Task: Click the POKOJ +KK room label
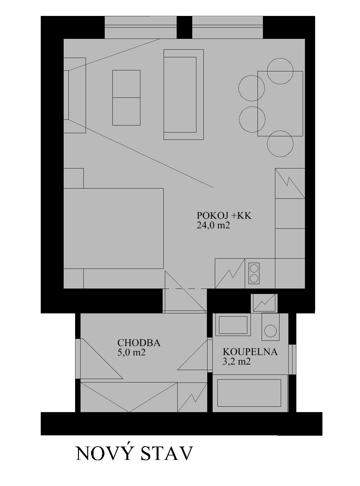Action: tap(224, 216)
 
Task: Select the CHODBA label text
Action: tap(139, 343)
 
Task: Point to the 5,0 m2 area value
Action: tap(131, 353)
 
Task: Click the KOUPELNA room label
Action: tap(250, 352)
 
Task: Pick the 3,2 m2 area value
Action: tap(236, 361)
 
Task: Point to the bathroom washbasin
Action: tap(233, 325)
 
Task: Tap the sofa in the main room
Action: tap(184, 95)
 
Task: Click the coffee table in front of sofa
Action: tap(126, 98)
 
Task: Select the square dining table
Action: tap(280, 104)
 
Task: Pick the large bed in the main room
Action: tap(113, 228)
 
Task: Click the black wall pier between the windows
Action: tap(184, 27)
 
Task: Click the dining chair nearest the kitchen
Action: tap(280, 144)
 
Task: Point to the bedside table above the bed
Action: tap(74, 178)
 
